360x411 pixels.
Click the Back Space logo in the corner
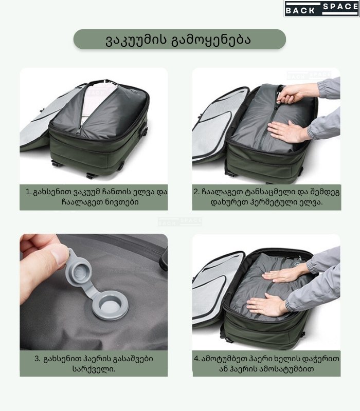322,8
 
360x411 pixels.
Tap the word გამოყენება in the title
211,40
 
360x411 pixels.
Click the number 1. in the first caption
28,192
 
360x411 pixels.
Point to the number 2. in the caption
197,192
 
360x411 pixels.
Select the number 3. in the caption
38,359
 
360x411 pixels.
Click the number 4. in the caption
197,359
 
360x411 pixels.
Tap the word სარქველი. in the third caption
94,369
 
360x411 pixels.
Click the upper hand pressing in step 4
285,274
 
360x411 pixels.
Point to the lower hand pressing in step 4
266,305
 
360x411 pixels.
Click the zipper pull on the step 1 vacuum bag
79,130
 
